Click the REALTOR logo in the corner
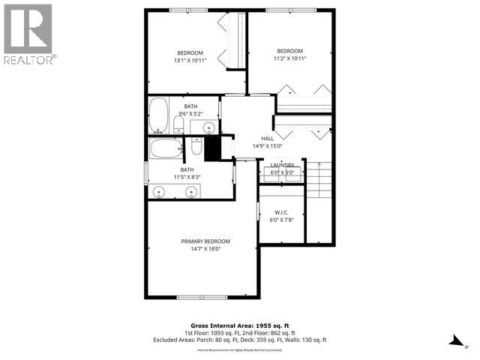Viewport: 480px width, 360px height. point(28,33)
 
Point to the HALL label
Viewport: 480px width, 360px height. point(267,139)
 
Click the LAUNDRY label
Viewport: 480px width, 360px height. point(282,165)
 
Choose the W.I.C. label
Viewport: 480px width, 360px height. point(282,212)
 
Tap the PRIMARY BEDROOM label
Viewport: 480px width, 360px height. point(205,241)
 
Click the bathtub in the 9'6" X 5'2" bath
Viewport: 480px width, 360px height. point(159,114)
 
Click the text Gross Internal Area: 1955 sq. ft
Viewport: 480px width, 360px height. point(240,327)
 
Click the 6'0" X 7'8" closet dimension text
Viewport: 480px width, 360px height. point(282,220)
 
